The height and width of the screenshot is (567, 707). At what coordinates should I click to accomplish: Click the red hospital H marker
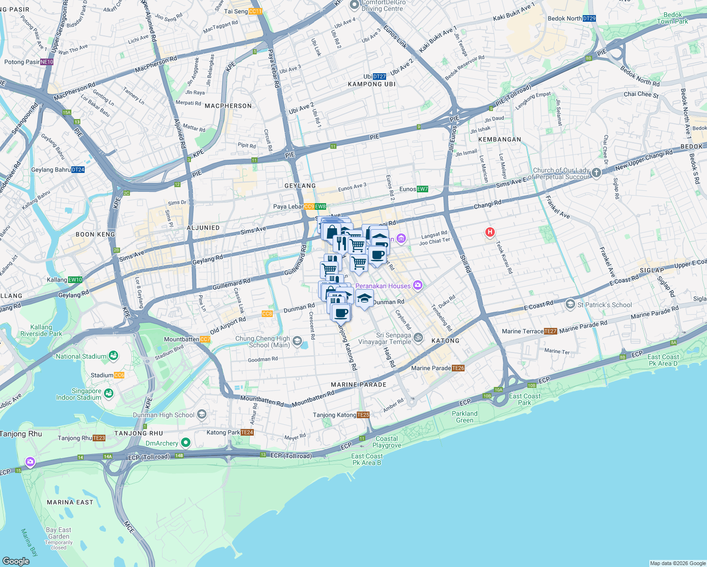(490, 232)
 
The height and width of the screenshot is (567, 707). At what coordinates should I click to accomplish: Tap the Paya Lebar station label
(300, 206)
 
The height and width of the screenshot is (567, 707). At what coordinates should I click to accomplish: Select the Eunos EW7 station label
(414, 189)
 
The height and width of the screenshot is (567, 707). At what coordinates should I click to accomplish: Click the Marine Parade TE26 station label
(438, 368)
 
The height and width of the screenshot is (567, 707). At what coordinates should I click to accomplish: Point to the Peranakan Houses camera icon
(417, 285)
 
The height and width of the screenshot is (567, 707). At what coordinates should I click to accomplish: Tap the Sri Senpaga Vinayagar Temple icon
(418, 337)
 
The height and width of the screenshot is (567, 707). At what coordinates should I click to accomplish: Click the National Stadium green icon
(113, 356)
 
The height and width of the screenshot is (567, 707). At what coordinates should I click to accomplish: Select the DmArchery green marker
(186, 443)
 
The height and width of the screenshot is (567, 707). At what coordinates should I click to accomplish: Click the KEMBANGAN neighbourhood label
(500, 139)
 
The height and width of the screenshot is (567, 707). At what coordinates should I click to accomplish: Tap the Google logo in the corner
(16, 561)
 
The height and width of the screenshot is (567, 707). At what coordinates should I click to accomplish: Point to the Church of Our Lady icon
(596, 173)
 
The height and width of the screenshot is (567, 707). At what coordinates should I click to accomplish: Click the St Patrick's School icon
(570, 304)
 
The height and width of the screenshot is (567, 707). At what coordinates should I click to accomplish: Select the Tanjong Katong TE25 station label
(341, 415)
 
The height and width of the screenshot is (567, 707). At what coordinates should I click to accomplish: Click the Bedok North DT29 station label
(571, 18)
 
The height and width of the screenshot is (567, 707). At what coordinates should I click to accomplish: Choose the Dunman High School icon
(202, 415)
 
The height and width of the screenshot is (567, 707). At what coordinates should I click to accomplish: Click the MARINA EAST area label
(70, 502)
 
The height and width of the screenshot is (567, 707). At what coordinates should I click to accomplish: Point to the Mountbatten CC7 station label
(187, 339)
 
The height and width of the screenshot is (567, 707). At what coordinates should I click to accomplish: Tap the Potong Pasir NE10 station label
(28, 62)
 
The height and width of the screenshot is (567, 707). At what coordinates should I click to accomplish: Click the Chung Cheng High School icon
(297, 341)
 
